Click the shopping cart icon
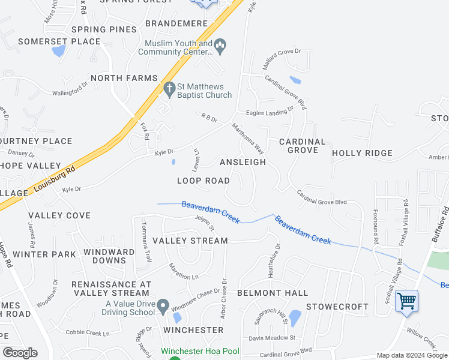click(406, 301)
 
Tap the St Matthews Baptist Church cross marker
click(169, 89)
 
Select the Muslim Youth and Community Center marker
click(220, 46)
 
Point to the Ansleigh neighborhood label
click(243, 163)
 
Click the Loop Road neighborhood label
click(203, 181)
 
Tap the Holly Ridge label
click(362, 154)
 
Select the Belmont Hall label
click(273, 293)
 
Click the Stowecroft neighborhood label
click(337, 307)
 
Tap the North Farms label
click(124, 78)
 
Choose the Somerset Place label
click(59, 41)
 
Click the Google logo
click(20, 352)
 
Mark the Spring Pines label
click(104, 29)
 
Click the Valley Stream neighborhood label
click(190, 241)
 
